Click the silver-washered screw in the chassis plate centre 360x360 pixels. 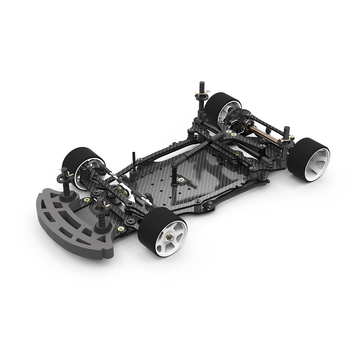point(181,180)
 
